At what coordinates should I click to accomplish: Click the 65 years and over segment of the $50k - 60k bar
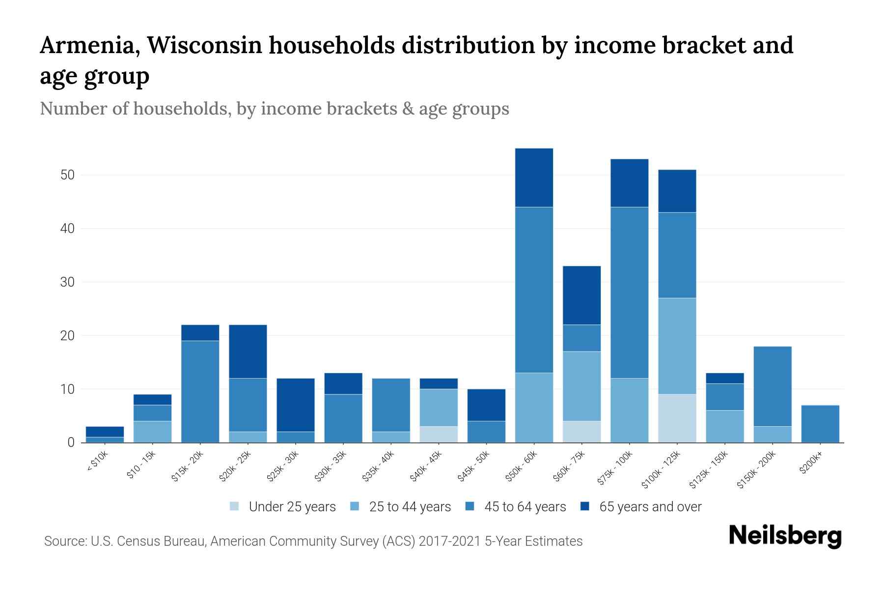534,177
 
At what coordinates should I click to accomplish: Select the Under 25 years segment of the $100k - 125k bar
677,418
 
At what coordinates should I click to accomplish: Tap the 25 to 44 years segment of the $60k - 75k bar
581,386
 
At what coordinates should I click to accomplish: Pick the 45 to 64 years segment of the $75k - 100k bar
629,293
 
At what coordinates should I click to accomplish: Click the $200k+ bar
820,424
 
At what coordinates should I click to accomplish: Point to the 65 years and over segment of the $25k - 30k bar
296,405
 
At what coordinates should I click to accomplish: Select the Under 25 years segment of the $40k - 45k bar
439,434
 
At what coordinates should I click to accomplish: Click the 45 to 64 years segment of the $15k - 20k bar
200,391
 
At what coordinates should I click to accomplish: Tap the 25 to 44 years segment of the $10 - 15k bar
152,432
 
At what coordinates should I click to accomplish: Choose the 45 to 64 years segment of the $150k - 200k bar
773,386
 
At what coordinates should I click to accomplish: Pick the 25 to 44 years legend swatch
355,506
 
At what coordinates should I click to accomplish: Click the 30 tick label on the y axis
67,282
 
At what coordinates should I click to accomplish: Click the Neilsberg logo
785,536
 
